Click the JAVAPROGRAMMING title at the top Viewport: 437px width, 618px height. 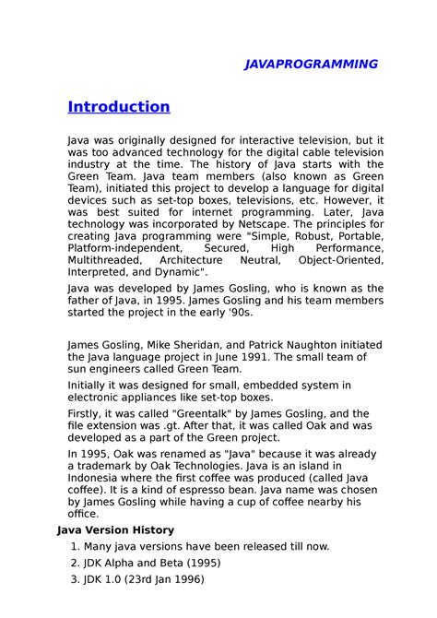coord(311,64)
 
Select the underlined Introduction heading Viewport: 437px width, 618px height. coord(119,107)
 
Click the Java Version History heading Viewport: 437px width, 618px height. coord(115,530)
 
